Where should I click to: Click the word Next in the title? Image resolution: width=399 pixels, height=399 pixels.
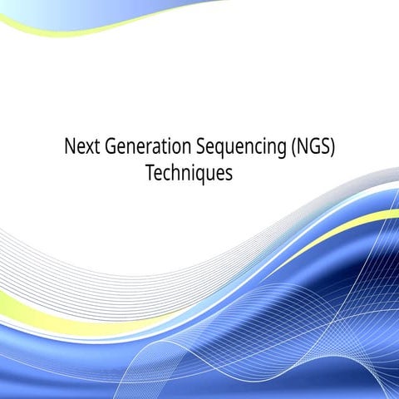[x=81, y=149]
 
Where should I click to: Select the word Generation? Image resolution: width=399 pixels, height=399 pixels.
[x=146, y=149]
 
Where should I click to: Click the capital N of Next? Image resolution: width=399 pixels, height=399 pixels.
[x=70, y=149]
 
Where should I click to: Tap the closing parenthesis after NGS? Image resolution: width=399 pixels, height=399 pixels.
[x=342, y=150]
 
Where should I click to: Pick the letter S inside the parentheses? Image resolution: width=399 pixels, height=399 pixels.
[x=332, y=149]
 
